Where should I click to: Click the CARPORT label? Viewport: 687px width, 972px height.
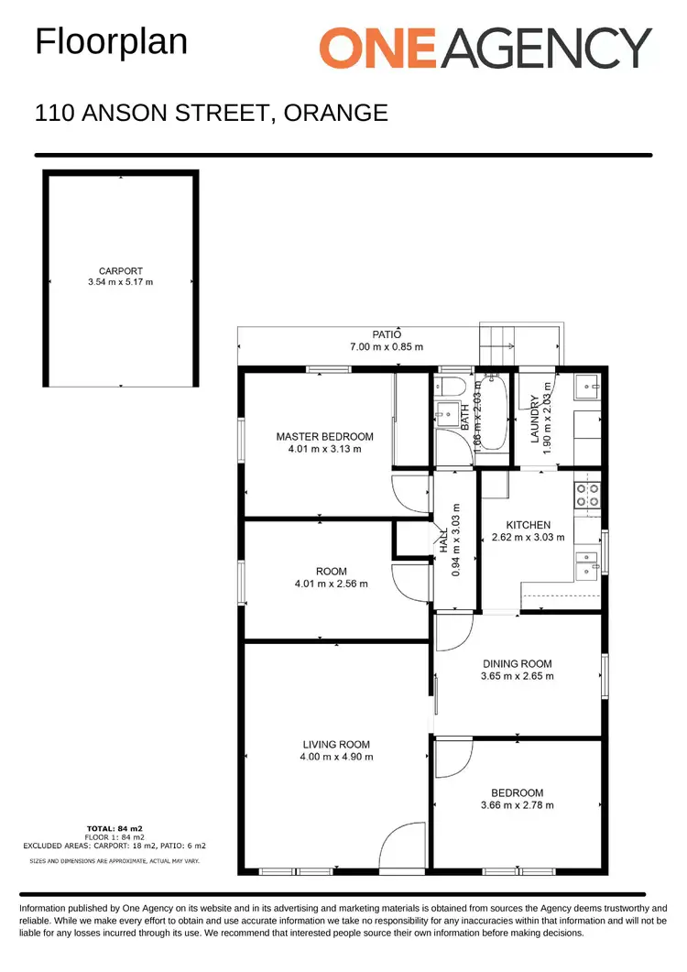tap(121, 270)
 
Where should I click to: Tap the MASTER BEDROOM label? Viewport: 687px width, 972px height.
tap(324, 437)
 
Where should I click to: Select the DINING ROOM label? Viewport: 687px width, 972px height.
tap(517, 664)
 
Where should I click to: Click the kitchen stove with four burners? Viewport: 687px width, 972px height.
tap(586, 496)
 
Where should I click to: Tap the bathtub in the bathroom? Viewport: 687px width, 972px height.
tap(493, 412)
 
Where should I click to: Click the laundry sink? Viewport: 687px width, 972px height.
tap(587, 388)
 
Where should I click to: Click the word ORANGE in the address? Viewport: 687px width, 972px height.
tap(336, 113)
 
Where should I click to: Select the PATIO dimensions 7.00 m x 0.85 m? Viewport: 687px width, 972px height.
tap(386, 346)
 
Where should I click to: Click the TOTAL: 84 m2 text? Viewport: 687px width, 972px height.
tap(114, 828)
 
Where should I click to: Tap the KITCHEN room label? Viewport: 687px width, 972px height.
tap(528, 525)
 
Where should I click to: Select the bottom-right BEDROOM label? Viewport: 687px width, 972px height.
tap(517, 793)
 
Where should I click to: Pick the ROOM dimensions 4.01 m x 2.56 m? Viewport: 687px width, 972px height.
tap(331, 584)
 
